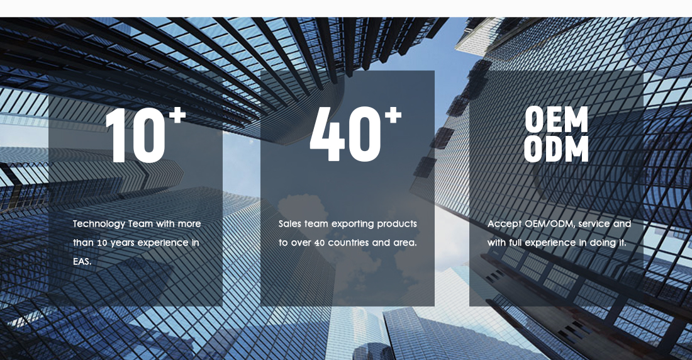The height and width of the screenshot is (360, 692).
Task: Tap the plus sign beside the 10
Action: point(177,115)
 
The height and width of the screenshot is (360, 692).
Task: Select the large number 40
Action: point(345,134)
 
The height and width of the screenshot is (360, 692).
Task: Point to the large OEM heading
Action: point(556,119)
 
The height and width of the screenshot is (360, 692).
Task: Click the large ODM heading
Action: point(556,149)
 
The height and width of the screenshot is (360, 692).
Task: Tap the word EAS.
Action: point(82,261)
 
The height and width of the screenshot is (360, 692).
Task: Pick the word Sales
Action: point(290,224)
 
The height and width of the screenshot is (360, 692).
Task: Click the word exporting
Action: point(352,225)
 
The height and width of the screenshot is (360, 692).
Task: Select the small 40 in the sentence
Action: point(319,243)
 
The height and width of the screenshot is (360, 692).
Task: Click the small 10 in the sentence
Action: point(103,243)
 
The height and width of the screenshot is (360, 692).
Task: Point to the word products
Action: point(396,225)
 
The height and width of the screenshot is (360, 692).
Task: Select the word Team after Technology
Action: point(140,224)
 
